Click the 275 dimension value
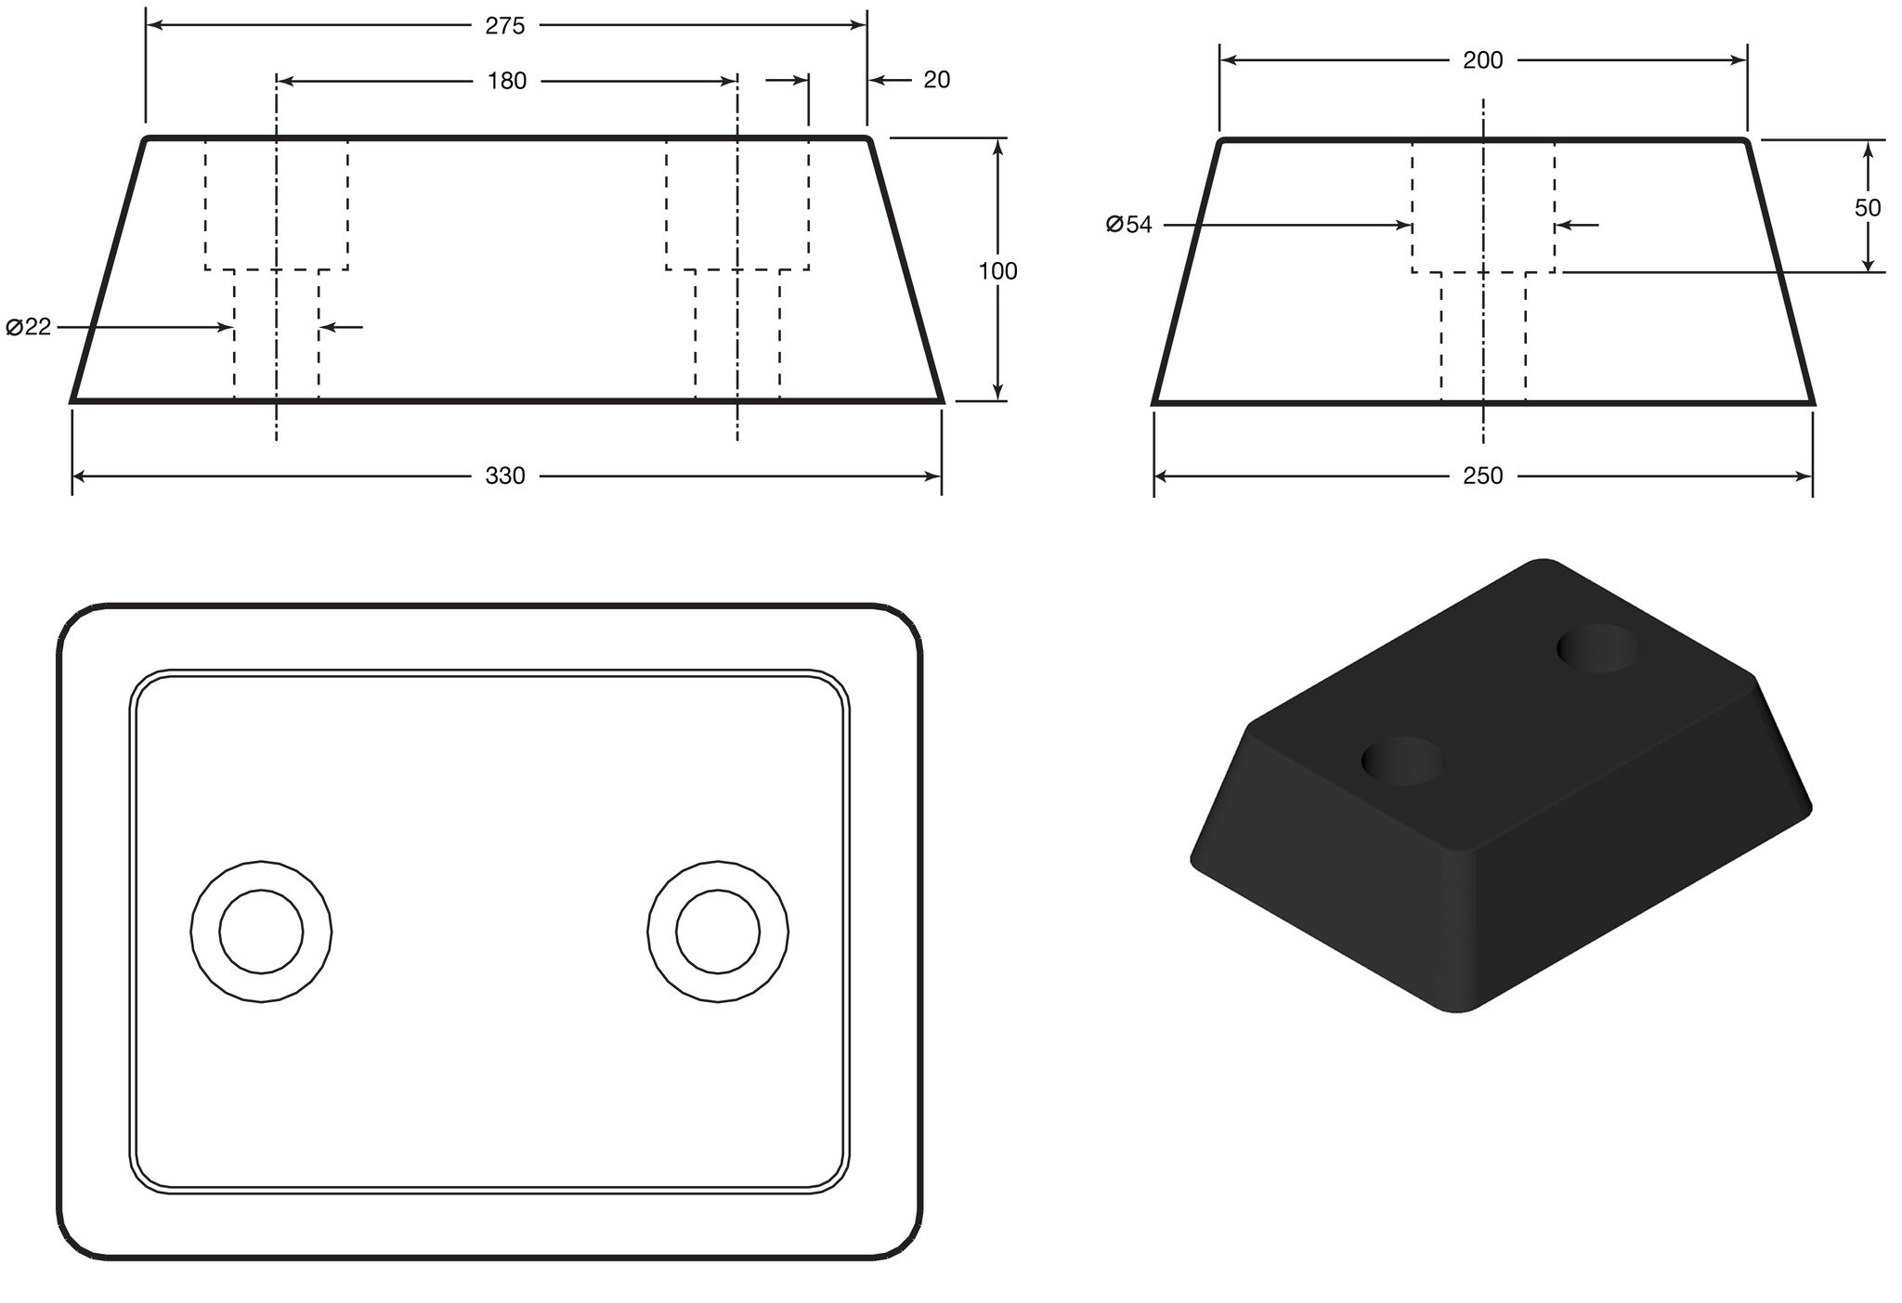tap(505, 26)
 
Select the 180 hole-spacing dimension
tap(507, 82)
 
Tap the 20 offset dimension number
tap(937, 81)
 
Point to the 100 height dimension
tap(998, 271)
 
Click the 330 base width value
tap(505, 476)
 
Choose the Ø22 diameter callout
tap(29, 327)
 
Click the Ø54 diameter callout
tap(1129, 225)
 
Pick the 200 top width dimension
tap(1483, 61)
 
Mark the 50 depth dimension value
tap(1868, 208)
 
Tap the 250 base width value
tap(1483, 476)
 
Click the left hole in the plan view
tap(262, 932)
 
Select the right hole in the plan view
tap(718, 932)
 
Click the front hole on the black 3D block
tap(1403, 761)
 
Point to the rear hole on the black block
tap(1598, 648)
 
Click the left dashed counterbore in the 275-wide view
tap(277, 205)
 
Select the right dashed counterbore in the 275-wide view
tap(737, 205)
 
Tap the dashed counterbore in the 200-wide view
tap(1483, 207)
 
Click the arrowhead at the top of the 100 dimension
tap(998, 145)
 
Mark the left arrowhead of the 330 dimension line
tap(80, 476)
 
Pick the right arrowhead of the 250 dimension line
tap(1804, 476)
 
